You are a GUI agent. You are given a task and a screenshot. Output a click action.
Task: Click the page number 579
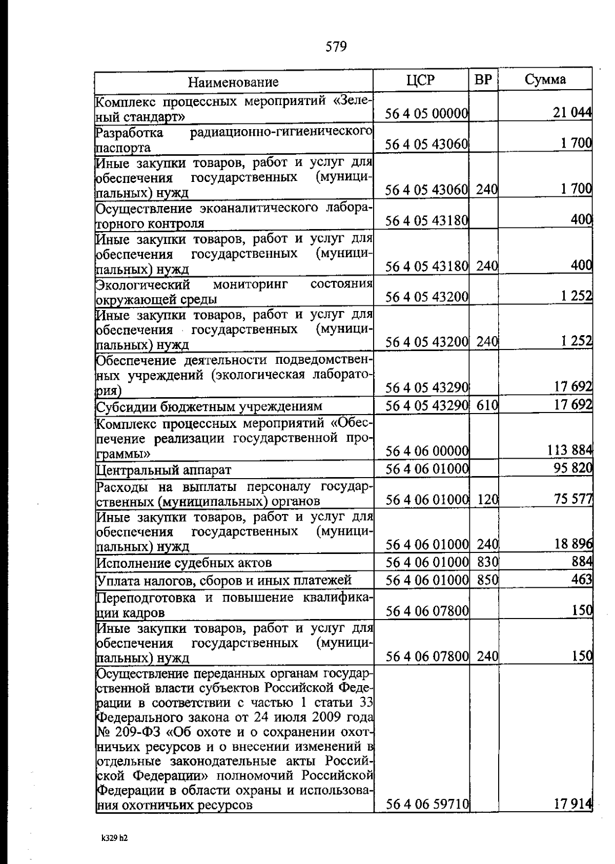(x=336, y=47)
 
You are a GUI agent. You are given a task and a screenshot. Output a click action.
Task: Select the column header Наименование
(x=233, y=82)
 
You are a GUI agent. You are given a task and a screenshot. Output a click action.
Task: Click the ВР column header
(x=483, y=80)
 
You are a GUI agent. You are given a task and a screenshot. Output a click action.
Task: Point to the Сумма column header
(x=545, y=79)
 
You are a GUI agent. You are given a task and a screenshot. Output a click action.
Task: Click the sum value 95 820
(x=573, y=468)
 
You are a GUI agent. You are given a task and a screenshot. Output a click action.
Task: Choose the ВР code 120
(x=487, y=499)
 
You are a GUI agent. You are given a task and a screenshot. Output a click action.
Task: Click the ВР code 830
(x=487, y=562)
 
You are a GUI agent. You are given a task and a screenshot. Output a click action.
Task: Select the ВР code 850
(x=487, y=580)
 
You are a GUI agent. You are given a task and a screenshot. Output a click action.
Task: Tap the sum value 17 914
(x=573, y=804)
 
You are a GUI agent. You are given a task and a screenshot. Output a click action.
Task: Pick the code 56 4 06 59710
(x=427, y=805)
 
